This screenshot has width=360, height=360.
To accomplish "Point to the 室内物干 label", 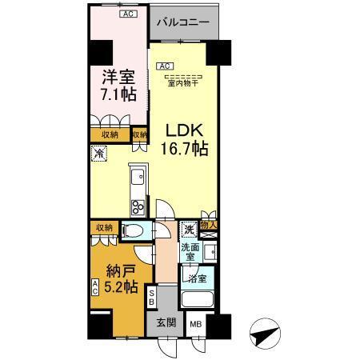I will tap(184, 82).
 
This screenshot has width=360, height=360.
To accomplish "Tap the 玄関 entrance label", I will tap(165, 324).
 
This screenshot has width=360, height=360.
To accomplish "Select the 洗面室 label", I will tap(189, 252).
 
